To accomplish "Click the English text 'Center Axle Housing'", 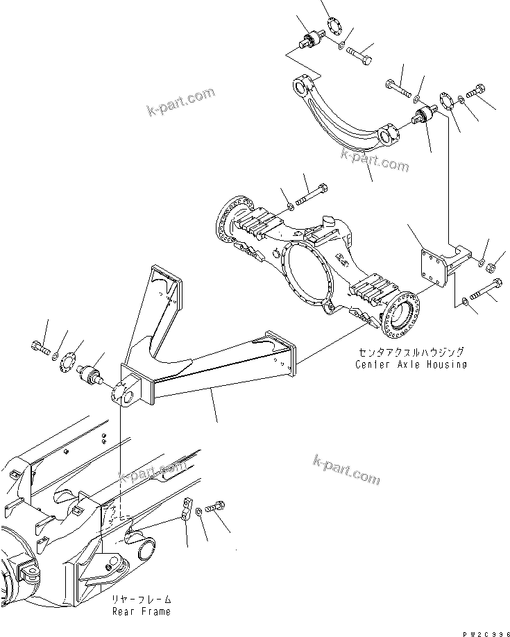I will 411,364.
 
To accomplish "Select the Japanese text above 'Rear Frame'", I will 142,599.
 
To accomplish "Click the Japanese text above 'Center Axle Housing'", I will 411,352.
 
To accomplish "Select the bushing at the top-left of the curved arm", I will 310,40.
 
